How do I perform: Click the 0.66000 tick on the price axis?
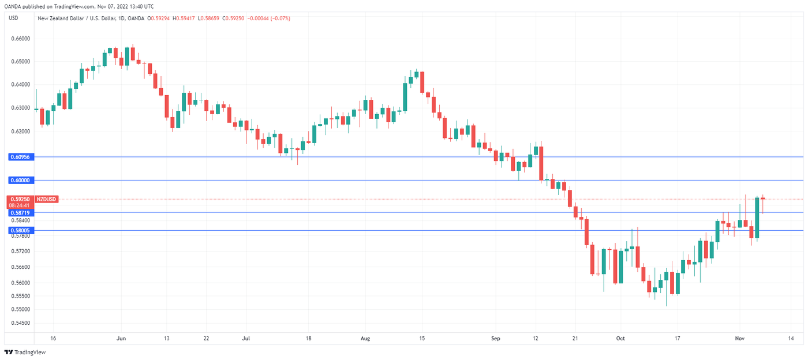point(21,39)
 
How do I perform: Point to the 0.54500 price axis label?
point(21,322)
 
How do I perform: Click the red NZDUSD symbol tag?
point(47,199)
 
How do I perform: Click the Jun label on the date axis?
point(121,339)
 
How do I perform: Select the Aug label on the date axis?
point(364,339)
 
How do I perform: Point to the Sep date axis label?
point(495,339)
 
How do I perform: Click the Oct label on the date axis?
point(620,339)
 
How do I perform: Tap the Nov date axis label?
point(739,339)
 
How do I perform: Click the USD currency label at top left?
point(13,18)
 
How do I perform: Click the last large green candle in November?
point(757,217)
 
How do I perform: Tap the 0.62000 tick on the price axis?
point(21,132)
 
